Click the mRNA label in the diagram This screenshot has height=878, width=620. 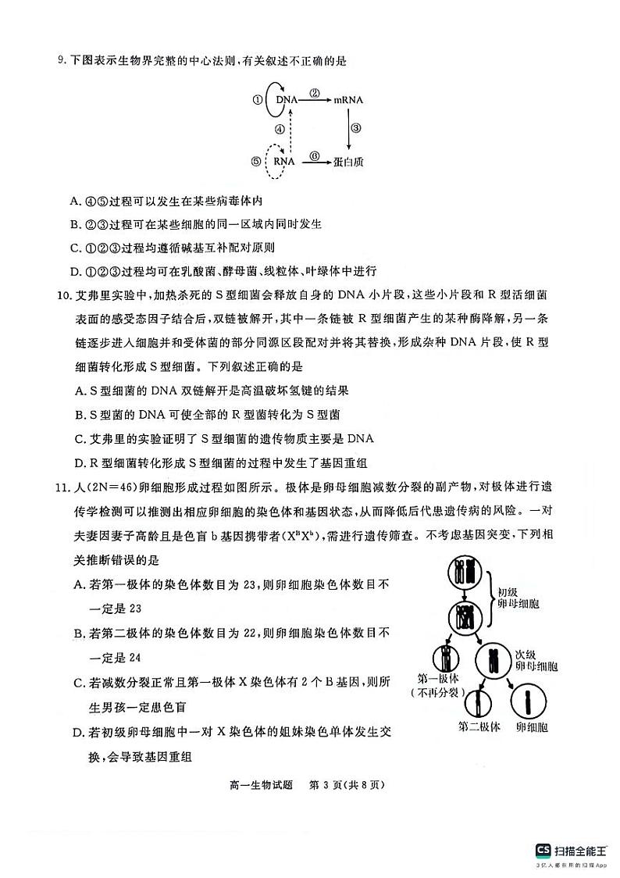coord(348,101)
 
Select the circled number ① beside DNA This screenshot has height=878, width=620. coord(256,101)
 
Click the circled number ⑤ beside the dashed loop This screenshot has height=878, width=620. coord(256,161)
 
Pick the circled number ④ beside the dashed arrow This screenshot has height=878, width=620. coord(279,130)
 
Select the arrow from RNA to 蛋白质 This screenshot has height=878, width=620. coord(314,161)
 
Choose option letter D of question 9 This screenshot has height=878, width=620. coord(76,271)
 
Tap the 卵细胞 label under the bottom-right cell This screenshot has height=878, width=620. coord(531,726)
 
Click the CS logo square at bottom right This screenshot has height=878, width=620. coord(543,850)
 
